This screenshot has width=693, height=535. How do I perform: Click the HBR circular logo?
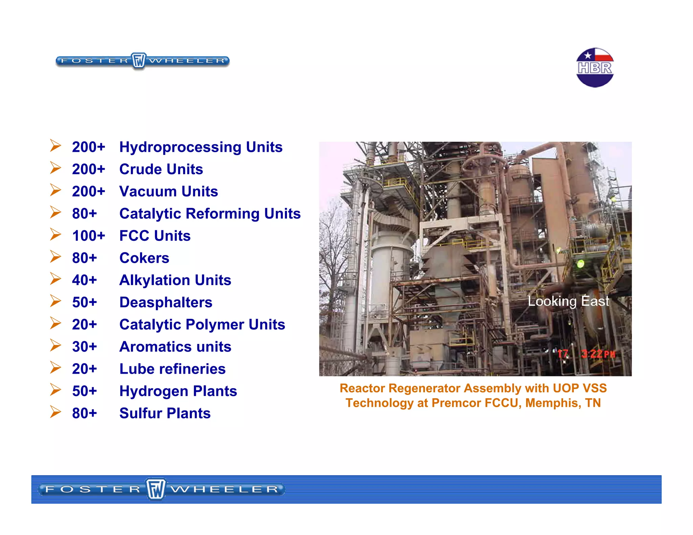click(x=595, y=68)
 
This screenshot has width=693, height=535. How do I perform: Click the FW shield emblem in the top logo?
click(x=138, y=61)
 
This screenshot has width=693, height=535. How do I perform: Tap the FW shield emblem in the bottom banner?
click(x=156, y=489)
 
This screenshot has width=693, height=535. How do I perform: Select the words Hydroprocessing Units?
click(x=201, y=147)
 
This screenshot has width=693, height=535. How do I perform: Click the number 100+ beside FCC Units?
click(x=89, y=236)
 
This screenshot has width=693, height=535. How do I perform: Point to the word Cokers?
click(x=144, y=258)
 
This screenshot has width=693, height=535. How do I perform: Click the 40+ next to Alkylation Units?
click(x=84, y=280)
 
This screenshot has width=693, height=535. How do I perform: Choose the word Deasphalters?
click(x=166, y=302)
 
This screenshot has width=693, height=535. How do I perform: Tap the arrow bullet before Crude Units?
click(x=55, y=168)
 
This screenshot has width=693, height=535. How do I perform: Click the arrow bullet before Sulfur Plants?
click(x=55, y=412)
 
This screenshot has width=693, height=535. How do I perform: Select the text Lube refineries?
click(x=172, y=369)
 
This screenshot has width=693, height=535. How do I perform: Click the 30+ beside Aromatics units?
click(x=84, y=347)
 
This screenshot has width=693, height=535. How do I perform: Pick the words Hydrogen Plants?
click(x=178, y=391)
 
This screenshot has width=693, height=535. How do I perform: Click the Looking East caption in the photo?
click(x=568, y=301)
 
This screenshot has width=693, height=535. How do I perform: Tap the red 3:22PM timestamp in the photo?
click(x=598, y=354)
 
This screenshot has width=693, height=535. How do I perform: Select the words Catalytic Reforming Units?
click(x=210, y=214)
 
